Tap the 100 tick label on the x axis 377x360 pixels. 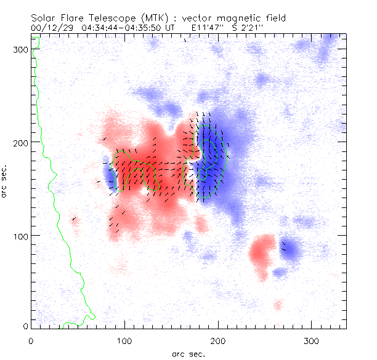(x=124, y=341)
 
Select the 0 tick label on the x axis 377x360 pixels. (x=31, y=341)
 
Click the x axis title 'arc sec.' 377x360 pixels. (x=188, y=354)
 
